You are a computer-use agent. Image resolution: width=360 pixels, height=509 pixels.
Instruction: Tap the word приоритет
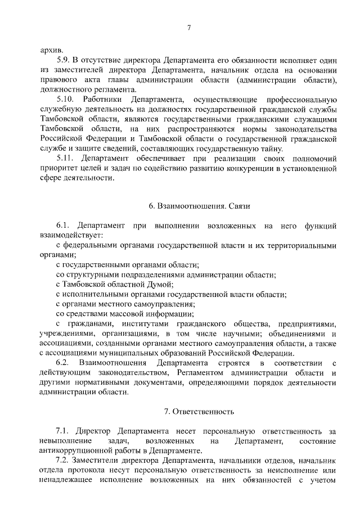[60, 169]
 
